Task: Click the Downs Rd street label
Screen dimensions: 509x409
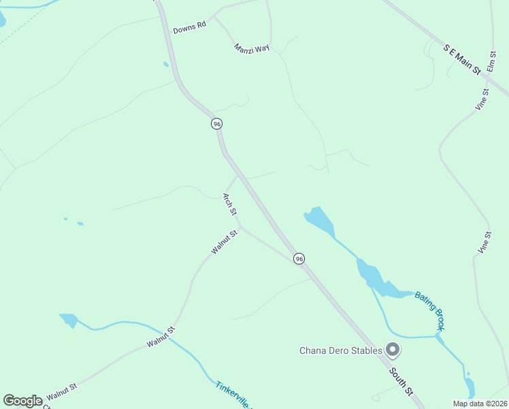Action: coord(189,27)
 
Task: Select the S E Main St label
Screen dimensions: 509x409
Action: coord(462,59)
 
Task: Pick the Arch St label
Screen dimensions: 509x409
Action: coord(230,204)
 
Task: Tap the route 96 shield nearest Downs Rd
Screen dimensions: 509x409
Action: coord(216,123)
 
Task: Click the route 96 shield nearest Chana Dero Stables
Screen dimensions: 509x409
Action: coord(299,258)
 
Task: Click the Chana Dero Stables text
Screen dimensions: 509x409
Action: coord(341,351)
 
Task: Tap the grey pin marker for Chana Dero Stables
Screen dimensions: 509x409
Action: coord(392,350)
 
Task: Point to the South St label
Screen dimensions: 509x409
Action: coord(401,382)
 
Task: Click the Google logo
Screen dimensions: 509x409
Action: coord(22,401)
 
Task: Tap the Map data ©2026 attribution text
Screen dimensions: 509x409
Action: coord(480,404)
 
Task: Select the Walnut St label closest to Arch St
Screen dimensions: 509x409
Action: coord(224,243)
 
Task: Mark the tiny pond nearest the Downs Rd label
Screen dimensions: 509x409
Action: coord(166,65)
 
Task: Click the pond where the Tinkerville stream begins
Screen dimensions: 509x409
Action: coord(69,319)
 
